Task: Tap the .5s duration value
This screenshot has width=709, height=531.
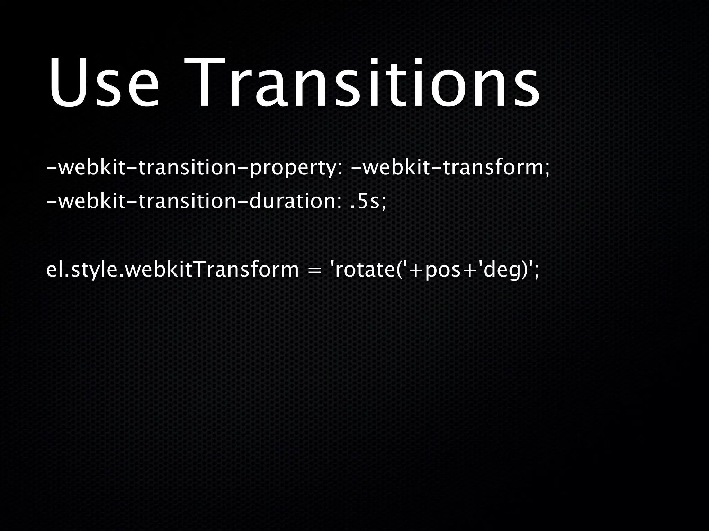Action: [367, 202]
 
